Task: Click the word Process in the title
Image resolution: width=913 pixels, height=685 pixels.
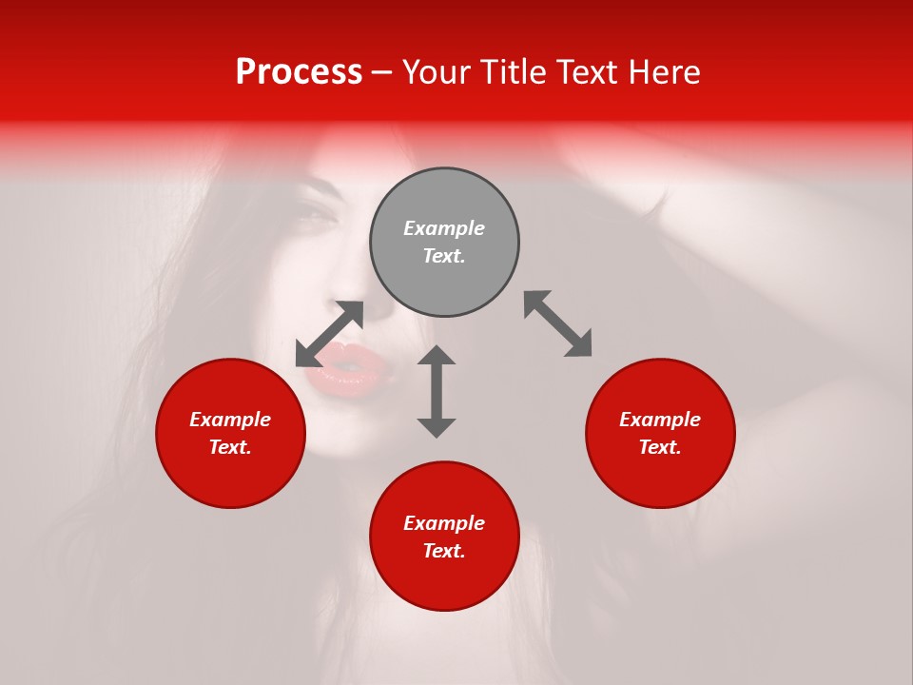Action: [299, 72]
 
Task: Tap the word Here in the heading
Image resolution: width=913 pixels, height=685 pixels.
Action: [663, 72]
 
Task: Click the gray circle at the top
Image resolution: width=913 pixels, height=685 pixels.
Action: [444, 243]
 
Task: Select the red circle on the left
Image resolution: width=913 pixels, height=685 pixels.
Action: [230, 433]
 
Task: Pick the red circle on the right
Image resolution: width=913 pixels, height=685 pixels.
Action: [660, 433]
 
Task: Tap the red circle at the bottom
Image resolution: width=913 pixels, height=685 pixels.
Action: [444, 537]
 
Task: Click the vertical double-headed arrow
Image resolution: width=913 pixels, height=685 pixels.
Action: [437, 391]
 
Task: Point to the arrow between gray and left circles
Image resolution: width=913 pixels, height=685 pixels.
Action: [329, 334]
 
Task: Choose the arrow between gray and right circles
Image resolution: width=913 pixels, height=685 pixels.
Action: [557, 323]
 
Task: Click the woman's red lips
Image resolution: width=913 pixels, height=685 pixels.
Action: [340, 368]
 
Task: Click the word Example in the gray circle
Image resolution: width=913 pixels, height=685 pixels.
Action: [444, 228]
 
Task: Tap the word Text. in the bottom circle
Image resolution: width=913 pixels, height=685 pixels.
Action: [444, 551]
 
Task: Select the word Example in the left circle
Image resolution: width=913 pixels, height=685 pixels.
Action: [230, 420]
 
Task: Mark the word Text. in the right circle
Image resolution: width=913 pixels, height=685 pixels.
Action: [660, 447]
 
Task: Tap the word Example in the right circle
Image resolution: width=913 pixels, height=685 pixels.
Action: [660, 420]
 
